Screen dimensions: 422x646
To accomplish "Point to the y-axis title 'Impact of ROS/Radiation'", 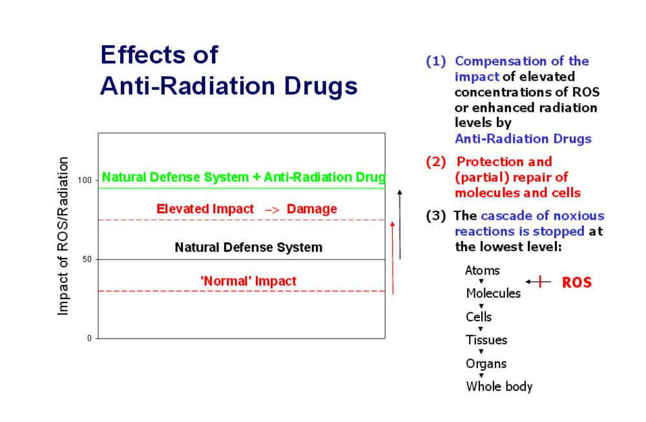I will coord(63,236).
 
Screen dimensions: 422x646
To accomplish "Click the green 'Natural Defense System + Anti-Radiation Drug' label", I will coord(244,177).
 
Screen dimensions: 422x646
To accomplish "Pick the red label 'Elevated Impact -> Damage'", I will coord(246,209).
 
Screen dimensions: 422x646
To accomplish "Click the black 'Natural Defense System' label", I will coord(248,248).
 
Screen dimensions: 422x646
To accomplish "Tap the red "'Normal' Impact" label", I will coord(249,281).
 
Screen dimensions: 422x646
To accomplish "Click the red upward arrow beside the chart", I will coord(393,257).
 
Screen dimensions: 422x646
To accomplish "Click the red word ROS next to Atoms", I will coord(576,282).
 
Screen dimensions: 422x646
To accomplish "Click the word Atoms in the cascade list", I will coord(482,270).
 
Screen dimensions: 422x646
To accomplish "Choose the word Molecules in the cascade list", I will coord(493,293).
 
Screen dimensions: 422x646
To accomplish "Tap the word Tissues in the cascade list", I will coord(486,340).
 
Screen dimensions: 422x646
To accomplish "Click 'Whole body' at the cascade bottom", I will coord(499,386).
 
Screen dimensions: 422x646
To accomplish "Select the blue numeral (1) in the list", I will coord(436,61).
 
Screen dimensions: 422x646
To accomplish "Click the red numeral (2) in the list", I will coord(436,162).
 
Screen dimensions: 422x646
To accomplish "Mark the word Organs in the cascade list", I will coord(486,363).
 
